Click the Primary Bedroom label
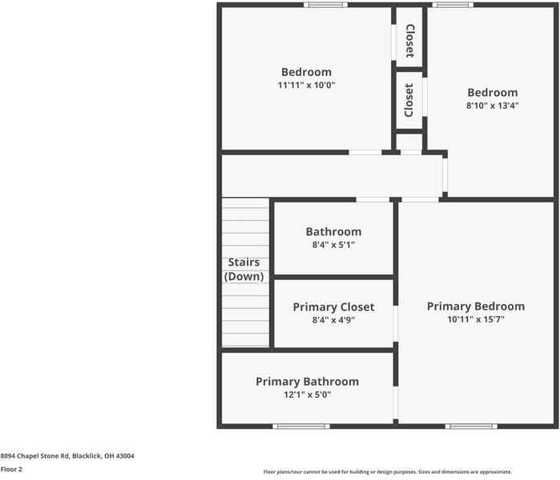pos(475,306)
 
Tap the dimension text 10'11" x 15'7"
pos(475,320)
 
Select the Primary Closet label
pos(333,307)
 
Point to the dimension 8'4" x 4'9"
pos(333,320)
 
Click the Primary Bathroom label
pos(307,382)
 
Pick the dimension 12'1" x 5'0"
pos(307,394)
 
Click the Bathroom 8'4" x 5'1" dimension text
pos(333,246)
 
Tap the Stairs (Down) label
pos(244,270)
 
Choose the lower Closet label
pos(409,100)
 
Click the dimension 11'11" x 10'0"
pos(305,85)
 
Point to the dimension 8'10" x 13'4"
pos(493,105)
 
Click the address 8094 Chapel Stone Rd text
pos(67,456)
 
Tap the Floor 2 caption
pos(11,470)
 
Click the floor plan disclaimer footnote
pos(387,472)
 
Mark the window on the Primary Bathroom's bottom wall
pos(301,426)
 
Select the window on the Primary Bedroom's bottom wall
pos(471,426)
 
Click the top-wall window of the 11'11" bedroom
pos(325,5)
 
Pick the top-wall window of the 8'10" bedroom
pos(453,5)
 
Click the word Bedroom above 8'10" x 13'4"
pos(493,92)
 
